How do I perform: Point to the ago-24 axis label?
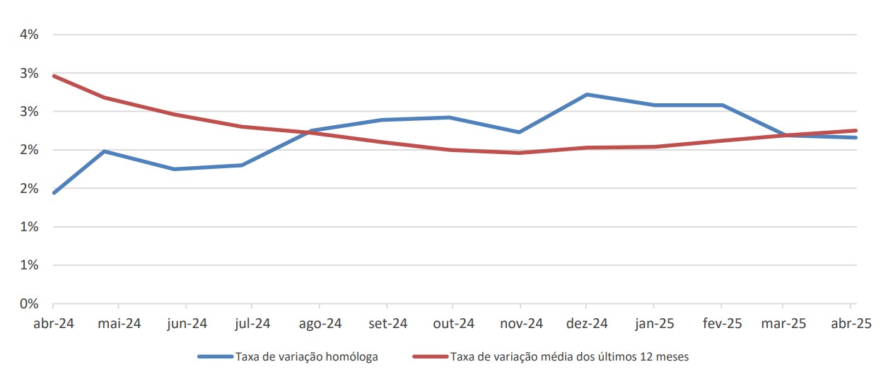pyautogui.click(x=320, y=324)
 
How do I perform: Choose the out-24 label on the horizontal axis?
pyautogui.click(x=453, y=324)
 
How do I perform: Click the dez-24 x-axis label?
pyautogui.click(x=587, y=324)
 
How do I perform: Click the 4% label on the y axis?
pyautogui.click(x=28, y=35)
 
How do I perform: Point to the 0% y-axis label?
pyautogui.click(x=28, y=304)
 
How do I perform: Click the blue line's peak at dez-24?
pyautogui.click(x=587, y=94)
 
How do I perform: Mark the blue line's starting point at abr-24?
pyautogui.click(x=54, y=192)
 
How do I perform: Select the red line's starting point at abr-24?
pyautogui.click(x=54, y=76)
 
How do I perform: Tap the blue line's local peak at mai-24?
pyautogui.click(x=105, y=151)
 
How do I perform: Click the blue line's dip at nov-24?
pyautogui.click(x=520, y=132)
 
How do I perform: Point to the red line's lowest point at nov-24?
pyautogui.click(x=520, y=153)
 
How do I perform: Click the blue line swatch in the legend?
pyautogui.click(x=216, y=357)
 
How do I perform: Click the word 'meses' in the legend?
pyautogui.click(x=672, y=357)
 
